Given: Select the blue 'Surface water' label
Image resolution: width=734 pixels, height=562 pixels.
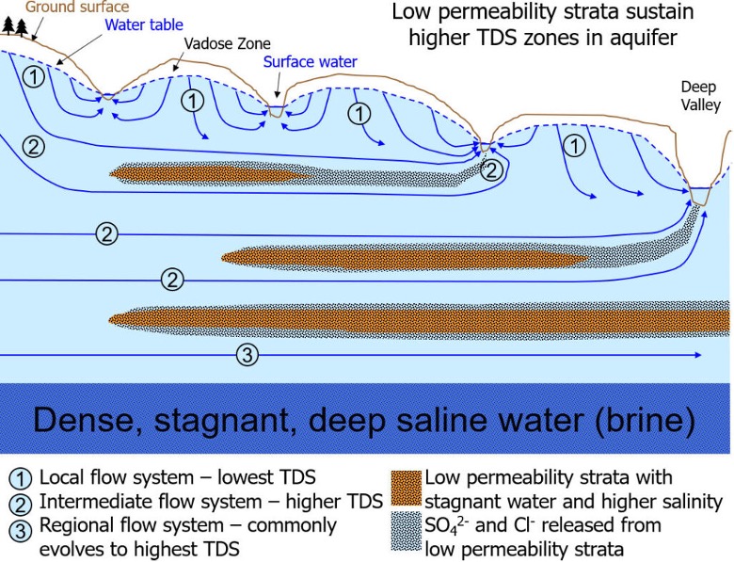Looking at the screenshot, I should tap(309, 64).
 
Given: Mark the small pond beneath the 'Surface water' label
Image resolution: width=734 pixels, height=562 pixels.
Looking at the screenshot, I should tap(275, 111).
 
